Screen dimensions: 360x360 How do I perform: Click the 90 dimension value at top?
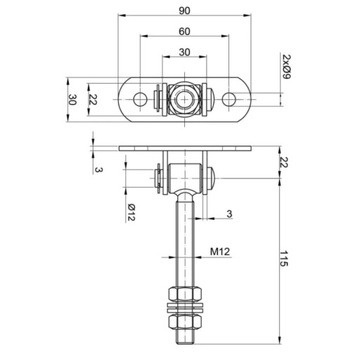tap(184, 11)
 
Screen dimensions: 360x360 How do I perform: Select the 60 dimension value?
tap(184, 31)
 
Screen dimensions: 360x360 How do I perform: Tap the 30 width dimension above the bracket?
tap(184, 52)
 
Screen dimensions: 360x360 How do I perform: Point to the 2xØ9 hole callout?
tap(287, 67)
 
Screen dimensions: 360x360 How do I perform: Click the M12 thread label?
tap(220, 252)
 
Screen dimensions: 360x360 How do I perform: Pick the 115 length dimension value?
tap(283, 259)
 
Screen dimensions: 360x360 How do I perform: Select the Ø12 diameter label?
tap(131, 213)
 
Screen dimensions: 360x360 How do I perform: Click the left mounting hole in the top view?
tap(140, 99)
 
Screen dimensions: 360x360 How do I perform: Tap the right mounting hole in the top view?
tap(229, 99)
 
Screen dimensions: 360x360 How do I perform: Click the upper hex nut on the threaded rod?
tap(185, 294)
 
